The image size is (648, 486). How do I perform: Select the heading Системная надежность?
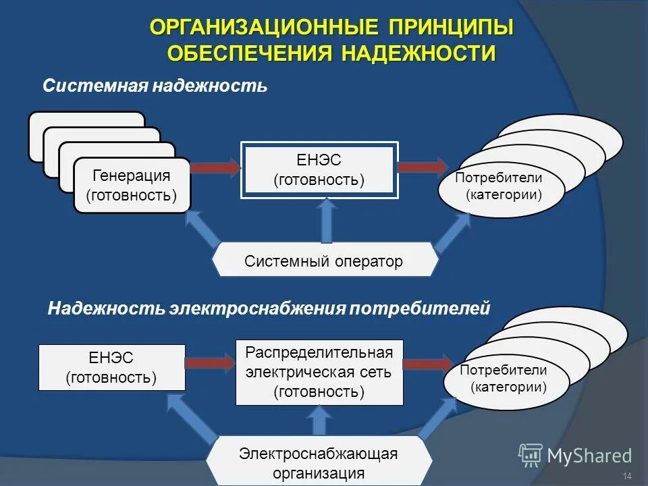[x=155, y=86]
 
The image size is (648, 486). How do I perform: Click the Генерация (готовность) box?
[x=132, y=186]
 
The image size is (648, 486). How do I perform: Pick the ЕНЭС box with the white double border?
[x=319, y=170]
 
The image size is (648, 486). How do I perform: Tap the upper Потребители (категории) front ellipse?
[x=500, y=187]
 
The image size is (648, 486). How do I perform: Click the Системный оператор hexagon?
[x=324, y=261]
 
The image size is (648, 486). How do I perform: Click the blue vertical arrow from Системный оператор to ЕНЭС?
[x=327, y=221]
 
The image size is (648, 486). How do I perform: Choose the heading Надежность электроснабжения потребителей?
[x=268, y=308]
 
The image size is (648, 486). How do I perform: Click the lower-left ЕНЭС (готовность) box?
[x=111, y=367]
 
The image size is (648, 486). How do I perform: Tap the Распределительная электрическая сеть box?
[x=319, y=372]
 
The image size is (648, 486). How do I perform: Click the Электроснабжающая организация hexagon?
[x=319, y=462]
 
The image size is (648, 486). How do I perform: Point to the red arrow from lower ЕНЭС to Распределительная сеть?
[x=209, y=364]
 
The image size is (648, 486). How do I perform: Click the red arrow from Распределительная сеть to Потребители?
[x=427, y=362]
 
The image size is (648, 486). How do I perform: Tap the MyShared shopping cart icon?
[x=531, y=456]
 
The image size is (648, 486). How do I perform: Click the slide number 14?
[x=627, y=477]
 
